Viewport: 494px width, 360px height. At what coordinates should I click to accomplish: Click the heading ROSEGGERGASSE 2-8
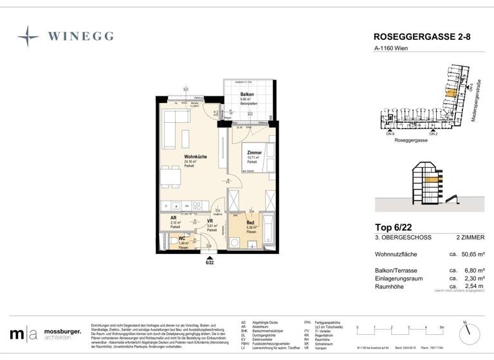421,37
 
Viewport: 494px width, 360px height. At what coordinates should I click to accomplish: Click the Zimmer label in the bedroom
254,152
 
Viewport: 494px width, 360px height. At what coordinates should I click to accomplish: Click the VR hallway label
210,221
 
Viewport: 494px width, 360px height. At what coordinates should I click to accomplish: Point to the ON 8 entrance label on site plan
390,133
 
